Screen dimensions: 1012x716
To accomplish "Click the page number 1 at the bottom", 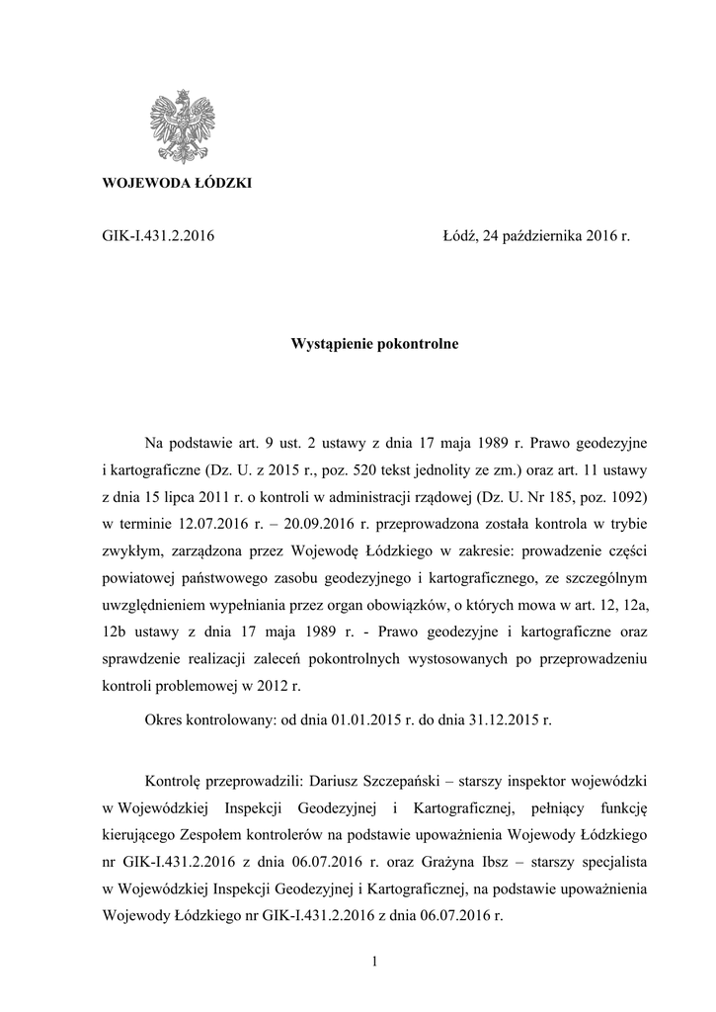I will pyautogui.click(x=375, y=961).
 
